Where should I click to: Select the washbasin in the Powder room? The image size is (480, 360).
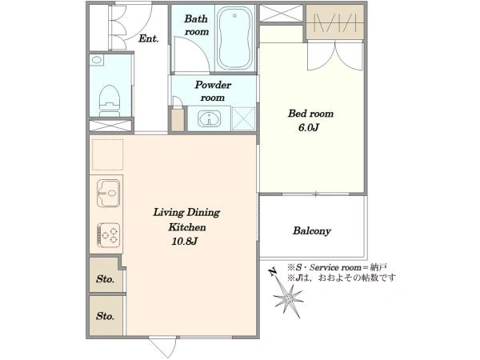(x=209, y=118)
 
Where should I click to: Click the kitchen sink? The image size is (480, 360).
(x=108, y=193)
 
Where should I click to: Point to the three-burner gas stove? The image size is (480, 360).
(x=108, y=234)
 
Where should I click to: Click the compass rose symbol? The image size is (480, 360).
(x=288, y=298)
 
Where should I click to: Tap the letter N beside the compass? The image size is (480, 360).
(x=272, y=271)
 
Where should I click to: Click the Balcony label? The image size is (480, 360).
(x=312, y=230)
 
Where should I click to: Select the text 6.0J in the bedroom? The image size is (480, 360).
(x=309, y=128)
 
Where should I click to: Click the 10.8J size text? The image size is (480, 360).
(x=184, y=242)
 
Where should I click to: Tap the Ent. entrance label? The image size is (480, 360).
(x=149, y=38)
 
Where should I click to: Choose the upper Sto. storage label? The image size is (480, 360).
(x=106, y=279)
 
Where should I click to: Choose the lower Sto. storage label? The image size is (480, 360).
(x=106, y=316)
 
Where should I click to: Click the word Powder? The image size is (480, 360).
(x=213, y=85)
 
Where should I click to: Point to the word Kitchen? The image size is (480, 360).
(x=187, y=227)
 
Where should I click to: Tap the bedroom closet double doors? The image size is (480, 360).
(x=335, y=57)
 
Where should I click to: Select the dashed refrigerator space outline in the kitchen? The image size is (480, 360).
(x=107, y=154)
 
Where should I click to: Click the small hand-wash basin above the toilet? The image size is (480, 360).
(x=97, y=59)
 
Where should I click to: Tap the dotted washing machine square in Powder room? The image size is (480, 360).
(x=243, y=118)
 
